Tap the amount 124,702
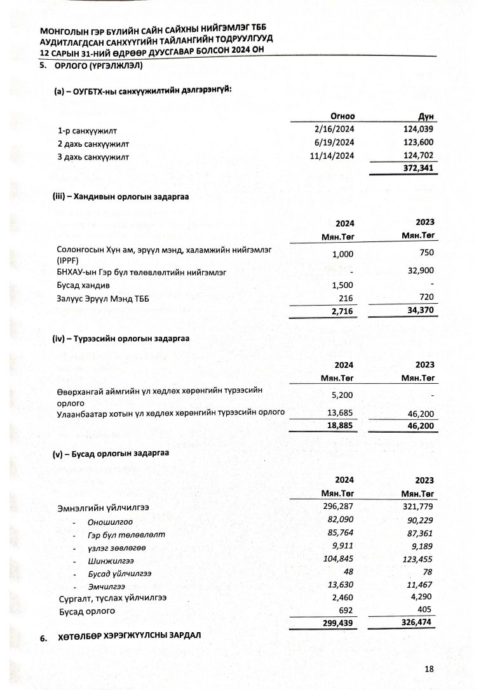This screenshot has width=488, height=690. pyautogui.click(x=418, y=155)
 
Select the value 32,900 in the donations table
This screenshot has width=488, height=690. pyautogui.click(x=420, y=271)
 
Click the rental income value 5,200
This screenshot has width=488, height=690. pyautogui.click(x=341, y=395)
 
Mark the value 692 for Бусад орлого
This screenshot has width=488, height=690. pyautogui.click(x=346, y=611)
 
